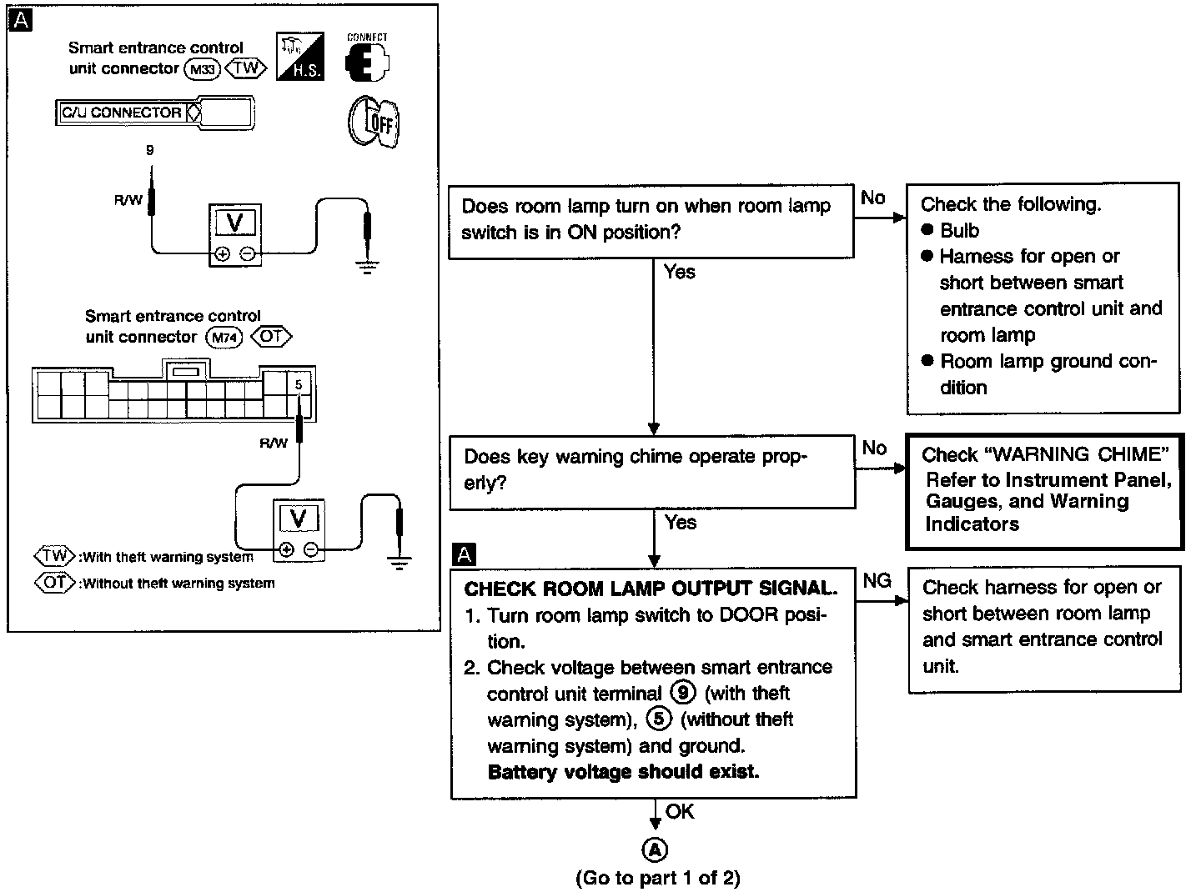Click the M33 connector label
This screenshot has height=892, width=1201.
point(203,69)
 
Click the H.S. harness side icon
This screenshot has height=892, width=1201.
point(299,57)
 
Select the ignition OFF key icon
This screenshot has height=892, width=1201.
point(373,122)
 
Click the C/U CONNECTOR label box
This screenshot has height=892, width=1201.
point(123,113)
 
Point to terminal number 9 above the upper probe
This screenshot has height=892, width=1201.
point(150,151)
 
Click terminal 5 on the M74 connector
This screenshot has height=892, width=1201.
point(299,385)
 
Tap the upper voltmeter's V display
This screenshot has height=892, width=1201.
point(235,223)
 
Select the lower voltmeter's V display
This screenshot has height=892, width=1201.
point(298,519)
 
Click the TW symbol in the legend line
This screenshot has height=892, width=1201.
point(54,556)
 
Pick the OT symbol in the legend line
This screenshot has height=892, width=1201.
point(54,583)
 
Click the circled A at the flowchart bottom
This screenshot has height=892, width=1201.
point(655,849)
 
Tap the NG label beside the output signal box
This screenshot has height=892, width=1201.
point(877,581)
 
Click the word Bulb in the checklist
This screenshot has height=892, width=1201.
point(959,231)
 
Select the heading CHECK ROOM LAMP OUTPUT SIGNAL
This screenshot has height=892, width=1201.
point(651,589)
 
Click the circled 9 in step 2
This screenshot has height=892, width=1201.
point(682,693)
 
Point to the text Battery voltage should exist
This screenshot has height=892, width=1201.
point(623,772)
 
